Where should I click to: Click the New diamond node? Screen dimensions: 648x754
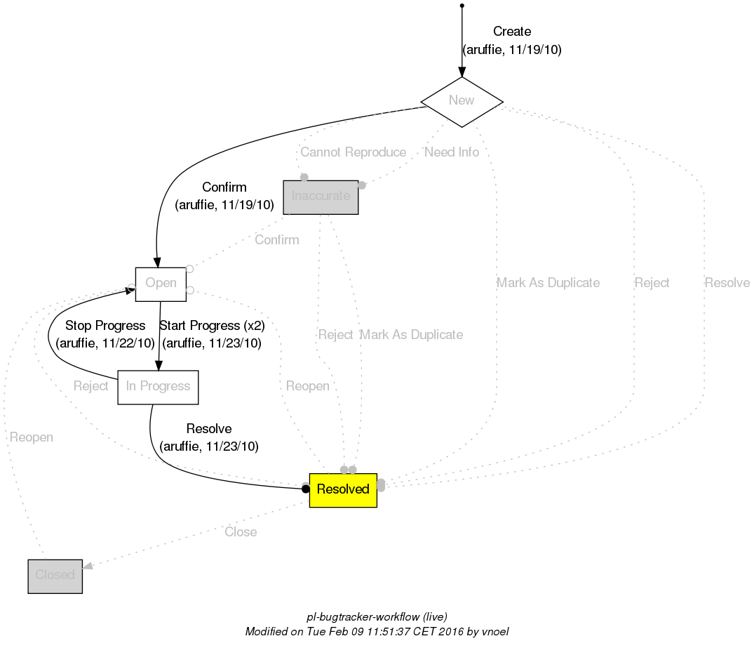[x=462, y=101]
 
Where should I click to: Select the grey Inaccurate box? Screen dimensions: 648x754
[x=321, y=197]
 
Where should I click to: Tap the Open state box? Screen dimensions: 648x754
[x=161, y=284]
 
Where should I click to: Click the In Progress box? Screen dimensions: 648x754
[x=158, y=387]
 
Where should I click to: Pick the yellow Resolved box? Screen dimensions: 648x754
[x=343, y=489]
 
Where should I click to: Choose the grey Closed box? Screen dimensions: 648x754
[x=55, y=576]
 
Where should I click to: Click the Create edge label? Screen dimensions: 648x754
[x=512, y=32]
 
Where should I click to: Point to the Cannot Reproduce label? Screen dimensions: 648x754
[x=353, y=152]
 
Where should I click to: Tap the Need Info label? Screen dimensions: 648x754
[x=452, y=152]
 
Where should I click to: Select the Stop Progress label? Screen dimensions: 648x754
[x=105, y=326]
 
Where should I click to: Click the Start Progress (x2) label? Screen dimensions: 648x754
[x=212, y=326]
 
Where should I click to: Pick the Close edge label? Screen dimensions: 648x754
[x=241, y=532]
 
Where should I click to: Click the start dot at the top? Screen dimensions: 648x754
[x=462, y=6]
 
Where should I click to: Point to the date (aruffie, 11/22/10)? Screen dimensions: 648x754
[x=105, y=343]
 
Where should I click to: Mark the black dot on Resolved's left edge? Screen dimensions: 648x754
[x=305, y=489]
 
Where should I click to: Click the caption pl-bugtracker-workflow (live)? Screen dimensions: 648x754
[x=377, y=616]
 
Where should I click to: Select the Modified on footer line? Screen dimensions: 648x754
[x=377, y=632]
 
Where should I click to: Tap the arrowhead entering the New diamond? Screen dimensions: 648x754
[x=462, y=72]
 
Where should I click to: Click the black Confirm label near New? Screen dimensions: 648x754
[x=224, y=187]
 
